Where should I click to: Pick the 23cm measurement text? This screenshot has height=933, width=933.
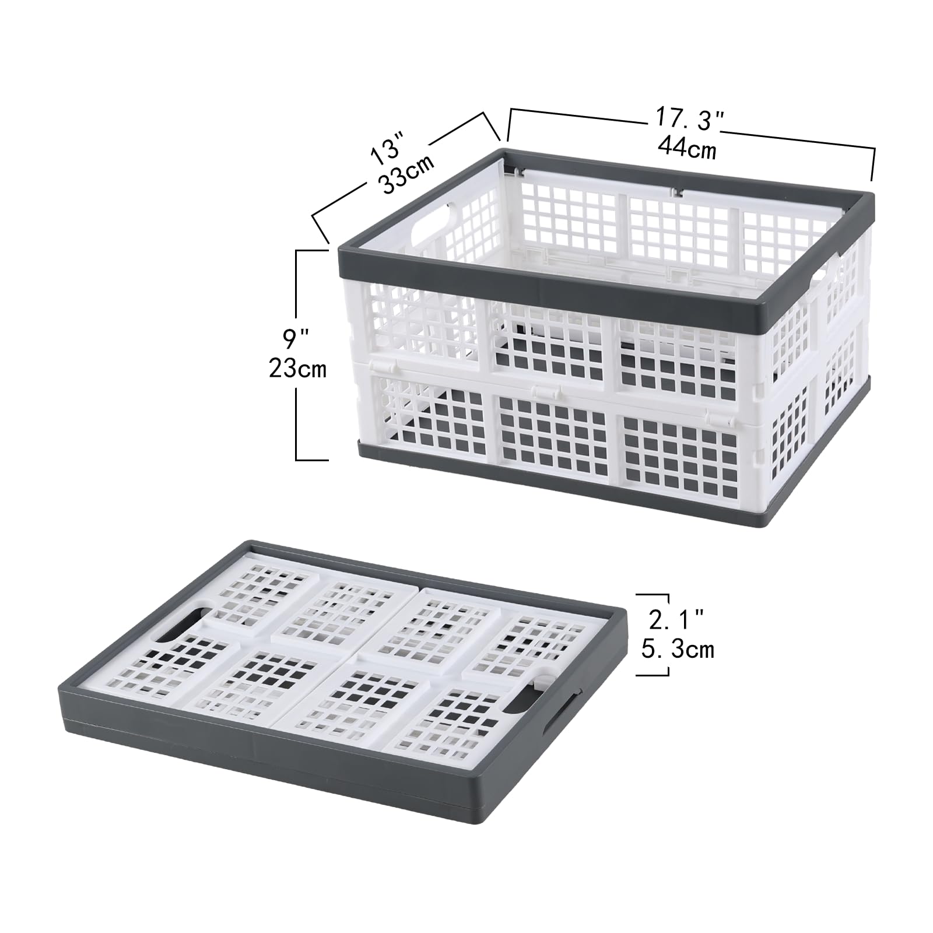tap(298, 369)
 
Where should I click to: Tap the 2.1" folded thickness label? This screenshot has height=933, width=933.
tap(677, 620)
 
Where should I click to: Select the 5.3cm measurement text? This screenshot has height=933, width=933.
tap(678, 649)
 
